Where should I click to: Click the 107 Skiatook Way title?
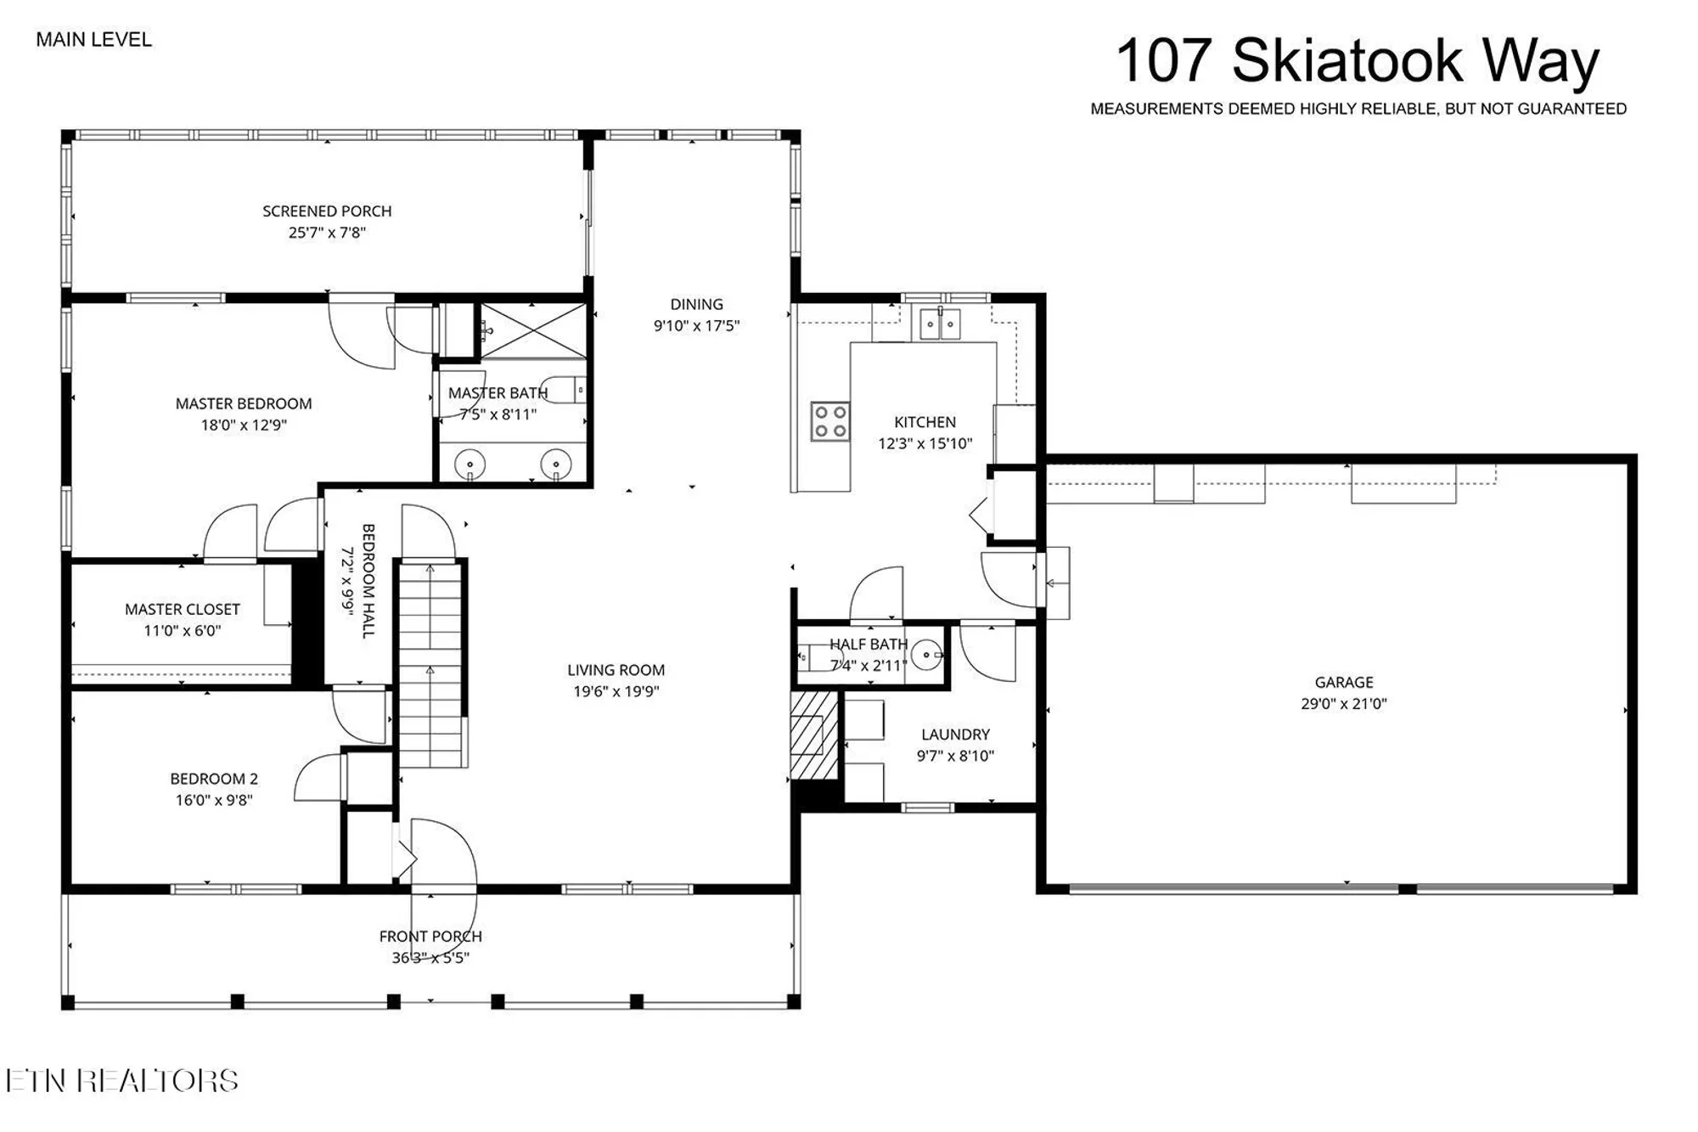click(x=1357, y=60)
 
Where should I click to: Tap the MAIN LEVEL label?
click(x=93, y=39)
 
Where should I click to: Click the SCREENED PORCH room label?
click(x=327, y=211)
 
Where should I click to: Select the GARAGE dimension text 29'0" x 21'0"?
click(x=1343, y=703)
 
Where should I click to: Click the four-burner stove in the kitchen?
click(x=829, y=421)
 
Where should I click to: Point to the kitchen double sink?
click(x=940, y=324)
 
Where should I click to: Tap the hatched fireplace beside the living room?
click(x=813, y=735)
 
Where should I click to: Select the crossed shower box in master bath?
click(x=532, y=330)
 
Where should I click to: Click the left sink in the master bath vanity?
click(x=469, y=465)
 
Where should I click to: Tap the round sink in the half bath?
click(x=926, y=655)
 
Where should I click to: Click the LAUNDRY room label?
click(x=955, y=734)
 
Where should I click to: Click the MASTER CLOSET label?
click(x=182, y=609)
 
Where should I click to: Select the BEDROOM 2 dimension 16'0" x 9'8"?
click(x=214, y=799)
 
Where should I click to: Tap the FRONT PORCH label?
click(x=430, y=936)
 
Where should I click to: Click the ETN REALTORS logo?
click(x=121, y=1080)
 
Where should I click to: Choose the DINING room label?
click(x=696, y=304)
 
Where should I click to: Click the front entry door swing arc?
click(x=454, y=849)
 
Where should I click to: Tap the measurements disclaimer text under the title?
click(x=1358, y=109)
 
